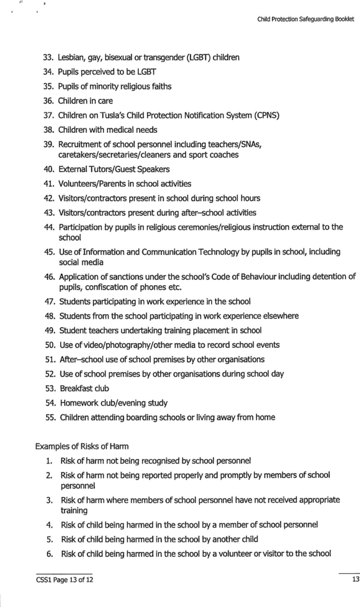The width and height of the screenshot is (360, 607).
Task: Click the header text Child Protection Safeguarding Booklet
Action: pos(305,19)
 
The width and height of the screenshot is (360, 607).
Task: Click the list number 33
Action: pos(49,57)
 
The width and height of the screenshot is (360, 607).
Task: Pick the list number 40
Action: pos(49,169)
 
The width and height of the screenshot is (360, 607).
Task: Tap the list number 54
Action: pos(50,402)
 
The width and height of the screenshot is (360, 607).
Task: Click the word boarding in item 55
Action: pos(159,417)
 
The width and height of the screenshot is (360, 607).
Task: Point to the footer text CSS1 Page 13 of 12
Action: pos(64,580)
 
